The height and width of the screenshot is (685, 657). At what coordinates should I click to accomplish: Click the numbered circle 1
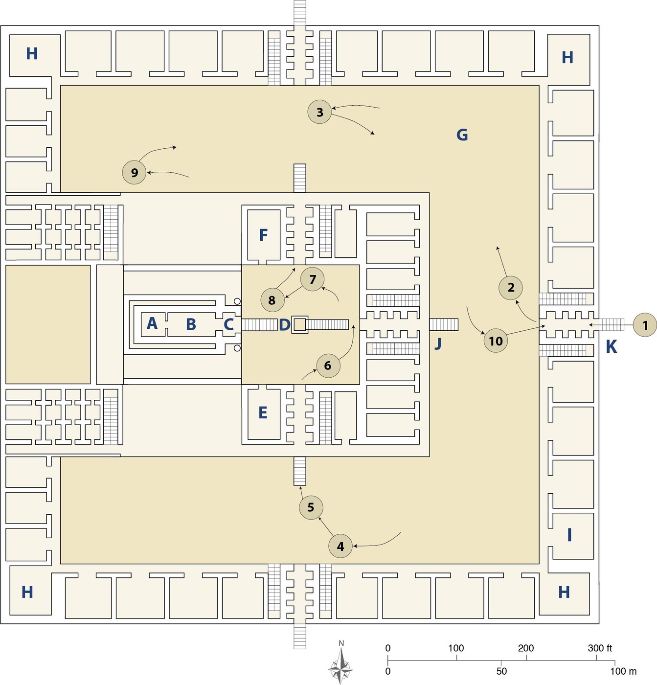pos(645,325)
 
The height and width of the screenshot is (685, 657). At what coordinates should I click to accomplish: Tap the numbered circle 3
pos(319,112)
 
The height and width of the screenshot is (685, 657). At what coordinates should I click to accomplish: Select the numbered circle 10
pos(496,341)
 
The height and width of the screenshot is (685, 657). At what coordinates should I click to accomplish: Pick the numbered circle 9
pos(134,172)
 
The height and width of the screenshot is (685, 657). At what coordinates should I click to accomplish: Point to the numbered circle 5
pos(311,507)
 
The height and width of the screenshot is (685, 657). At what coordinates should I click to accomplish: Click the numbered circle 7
pos(313,279)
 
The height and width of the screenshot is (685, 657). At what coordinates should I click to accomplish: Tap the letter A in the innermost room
pos(152,323)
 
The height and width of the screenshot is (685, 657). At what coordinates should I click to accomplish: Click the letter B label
pos(191,324)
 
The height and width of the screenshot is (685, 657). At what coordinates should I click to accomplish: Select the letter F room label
pos(263,235)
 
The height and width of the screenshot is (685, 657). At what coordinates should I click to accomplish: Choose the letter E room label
pos(263,413)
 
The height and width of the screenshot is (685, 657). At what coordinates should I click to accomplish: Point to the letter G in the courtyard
pos(462,135)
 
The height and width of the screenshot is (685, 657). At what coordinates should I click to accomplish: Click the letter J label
pos(438,344)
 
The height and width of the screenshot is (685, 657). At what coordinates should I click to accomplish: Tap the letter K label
pos(611,347)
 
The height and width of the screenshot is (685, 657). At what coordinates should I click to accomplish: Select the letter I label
pos(569,535)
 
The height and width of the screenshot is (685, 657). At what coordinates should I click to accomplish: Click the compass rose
pos(341,665)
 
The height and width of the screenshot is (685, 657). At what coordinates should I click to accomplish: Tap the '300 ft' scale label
pos(600,648)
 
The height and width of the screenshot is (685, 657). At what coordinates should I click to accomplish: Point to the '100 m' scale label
pos(623,671)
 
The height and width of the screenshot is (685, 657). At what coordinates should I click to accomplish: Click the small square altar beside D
pos(299,324)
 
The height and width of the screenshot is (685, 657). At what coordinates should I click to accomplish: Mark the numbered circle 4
pos(340,546)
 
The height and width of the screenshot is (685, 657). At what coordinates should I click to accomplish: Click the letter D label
pos(284,324)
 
